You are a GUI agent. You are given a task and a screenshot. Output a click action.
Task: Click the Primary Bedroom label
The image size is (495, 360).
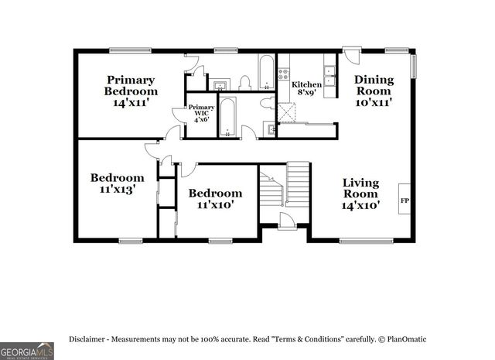(x=131, y=91)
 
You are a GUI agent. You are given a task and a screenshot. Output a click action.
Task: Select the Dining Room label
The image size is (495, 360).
(x=374, y=90)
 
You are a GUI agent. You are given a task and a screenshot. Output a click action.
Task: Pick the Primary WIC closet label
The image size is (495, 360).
(x=201, y=113)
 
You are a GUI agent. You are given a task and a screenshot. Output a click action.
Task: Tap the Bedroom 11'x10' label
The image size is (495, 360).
(x=215, y=198)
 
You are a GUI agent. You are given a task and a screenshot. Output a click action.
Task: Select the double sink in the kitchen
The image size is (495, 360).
(x=330, y=76)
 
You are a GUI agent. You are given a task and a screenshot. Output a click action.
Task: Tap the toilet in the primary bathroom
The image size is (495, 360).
(x=244, y=82)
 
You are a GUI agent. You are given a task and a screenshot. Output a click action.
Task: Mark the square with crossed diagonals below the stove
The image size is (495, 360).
(x=287, y=113)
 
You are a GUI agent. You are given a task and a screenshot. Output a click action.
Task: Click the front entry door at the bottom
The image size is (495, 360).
(x=285, y=223)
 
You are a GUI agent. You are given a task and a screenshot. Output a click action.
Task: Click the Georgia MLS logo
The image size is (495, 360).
(x=27, y=348)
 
